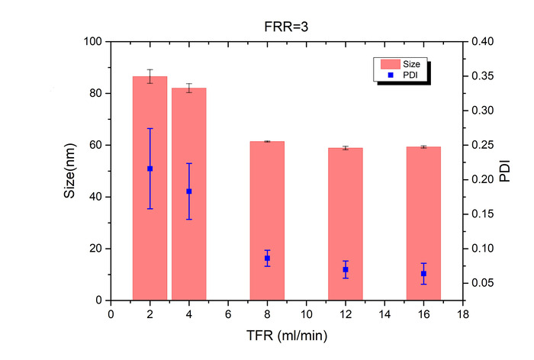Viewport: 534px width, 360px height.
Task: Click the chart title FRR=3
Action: (286, 27)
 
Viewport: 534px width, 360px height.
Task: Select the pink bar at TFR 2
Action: (150, 188)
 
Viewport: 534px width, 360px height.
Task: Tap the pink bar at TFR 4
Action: (189, 194)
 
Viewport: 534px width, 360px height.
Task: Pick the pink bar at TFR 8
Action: (267, 220)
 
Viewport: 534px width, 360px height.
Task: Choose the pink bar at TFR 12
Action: (346, 224)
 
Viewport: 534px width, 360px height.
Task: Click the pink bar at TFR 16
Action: (423, 223)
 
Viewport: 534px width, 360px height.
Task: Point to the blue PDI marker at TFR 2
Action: (150, 169)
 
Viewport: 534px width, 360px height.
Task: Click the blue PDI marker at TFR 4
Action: (189, 191)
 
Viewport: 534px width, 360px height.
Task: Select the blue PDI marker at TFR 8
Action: (267, 258)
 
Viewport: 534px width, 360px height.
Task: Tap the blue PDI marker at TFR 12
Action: (346, 269)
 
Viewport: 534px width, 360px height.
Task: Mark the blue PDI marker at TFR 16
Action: (423, 274)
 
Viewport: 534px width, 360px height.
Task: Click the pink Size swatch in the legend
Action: (391, 64)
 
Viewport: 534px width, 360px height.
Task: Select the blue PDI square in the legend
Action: (391, 75)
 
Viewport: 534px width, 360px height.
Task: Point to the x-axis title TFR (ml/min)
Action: (287, 336)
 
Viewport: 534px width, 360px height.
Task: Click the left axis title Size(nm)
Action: (69, 171)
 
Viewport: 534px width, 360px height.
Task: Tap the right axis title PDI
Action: (505, 171)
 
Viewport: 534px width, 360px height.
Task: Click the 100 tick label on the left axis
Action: (92, 41)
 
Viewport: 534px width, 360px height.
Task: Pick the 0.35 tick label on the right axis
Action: (483, 76)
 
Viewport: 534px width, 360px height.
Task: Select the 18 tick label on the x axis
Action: (463, 314)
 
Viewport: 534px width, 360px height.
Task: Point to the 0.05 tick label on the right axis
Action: (483, 283)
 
